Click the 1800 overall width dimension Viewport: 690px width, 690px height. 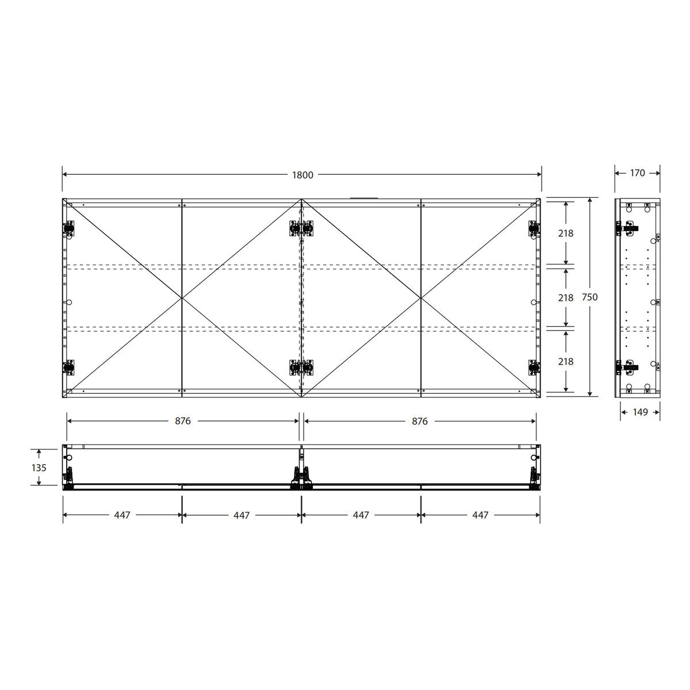[x=302, y=175]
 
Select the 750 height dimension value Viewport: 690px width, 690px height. [x=590, y=297]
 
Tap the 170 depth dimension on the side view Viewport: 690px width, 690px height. [x=637, y=173]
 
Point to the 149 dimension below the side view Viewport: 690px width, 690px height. [x=640, y=412]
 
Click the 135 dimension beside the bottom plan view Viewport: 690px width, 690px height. [x=39, y=467]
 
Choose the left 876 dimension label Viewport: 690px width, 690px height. [x=183, y=421]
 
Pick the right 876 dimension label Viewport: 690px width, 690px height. [x=420, y=421]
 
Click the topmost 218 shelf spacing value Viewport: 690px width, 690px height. [x=566, y=233]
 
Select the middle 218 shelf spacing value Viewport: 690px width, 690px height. [x=566, y=297]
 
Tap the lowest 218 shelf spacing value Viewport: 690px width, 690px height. [x=566, y=362]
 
